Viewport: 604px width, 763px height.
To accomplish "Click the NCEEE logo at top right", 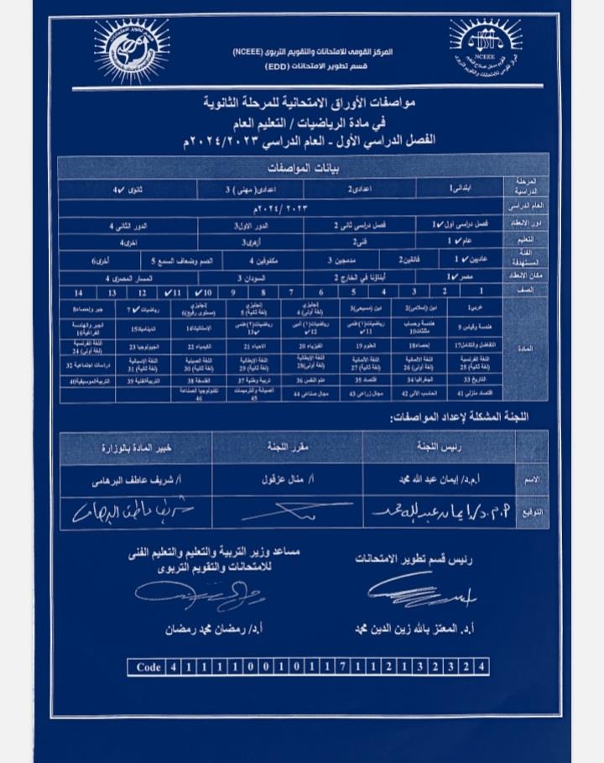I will tap(486, 48).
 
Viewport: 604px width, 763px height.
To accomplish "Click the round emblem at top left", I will tap(132, 50).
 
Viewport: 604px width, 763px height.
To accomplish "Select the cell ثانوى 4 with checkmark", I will tap(127, 191).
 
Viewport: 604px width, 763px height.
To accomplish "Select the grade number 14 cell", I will tap(79, 292).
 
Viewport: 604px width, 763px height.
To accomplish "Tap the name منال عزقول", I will tap(288, 482).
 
